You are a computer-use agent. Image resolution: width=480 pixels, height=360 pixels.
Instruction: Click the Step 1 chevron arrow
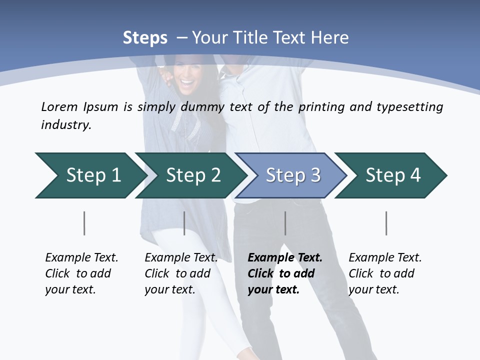[x=90, y=175]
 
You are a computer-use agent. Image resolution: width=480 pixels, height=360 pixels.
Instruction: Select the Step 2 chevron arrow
[x=192, y=175]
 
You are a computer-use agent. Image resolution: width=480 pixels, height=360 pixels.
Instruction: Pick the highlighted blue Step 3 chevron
[x=292, y=175]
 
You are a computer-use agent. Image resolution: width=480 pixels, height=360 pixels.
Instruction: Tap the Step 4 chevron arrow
[x=392, y=175]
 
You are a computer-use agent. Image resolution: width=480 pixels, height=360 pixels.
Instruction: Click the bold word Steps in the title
[x=145, y=38]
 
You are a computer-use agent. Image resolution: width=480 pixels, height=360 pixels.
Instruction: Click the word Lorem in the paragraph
[x=59, y=107]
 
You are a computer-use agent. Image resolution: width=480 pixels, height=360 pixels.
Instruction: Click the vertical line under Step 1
[x=84, y=223]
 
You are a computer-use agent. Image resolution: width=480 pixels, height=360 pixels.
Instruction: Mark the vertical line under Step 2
[x=184, y=223]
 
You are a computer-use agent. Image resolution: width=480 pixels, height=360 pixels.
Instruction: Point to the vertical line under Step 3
[x=285, y=223]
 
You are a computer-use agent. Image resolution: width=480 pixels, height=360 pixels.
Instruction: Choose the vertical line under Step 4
[x=386, y=223]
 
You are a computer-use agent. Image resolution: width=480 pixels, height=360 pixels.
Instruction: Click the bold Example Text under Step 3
[x=285, y=258]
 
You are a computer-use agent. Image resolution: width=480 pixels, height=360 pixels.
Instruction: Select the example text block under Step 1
[x=81, y=273]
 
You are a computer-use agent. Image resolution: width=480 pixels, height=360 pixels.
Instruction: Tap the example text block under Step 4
[x=385, y=273]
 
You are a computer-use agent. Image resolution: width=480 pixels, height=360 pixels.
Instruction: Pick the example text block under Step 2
[x=181, y=273]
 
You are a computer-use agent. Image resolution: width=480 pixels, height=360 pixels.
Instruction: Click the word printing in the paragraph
[x=320, y=107]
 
